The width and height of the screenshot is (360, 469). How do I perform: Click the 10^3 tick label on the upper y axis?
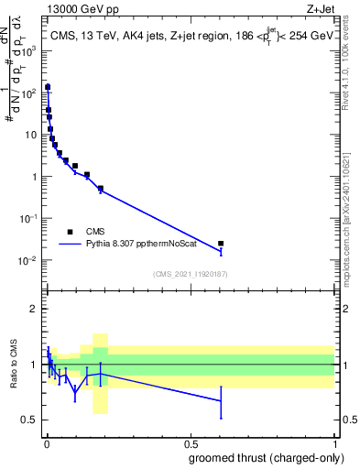(x=29, y=50)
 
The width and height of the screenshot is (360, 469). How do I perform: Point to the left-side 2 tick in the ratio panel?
(x=35, y=309)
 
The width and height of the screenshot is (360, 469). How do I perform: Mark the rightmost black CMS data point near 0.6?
(x=221, y=244)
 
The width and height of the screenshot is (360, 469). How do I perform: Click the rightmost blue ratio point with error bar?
(x=221, y=400)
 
